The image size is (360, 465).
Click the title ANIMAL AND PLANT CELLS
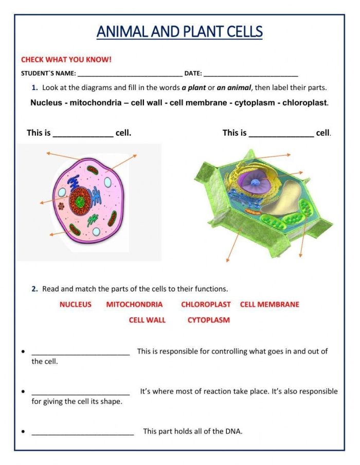(179, 32)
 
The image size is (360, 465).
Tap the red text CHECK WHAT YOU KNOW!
(66, 59)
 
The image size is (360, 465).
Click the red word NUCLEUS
(75, 305)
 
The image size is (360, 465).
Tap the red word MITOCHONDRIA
(134, 305)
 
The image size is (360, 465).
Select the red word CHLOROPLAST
(206, 305)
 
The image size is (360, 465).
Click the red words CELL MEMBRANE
(269, 305)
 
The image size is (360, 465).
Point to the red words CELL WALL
(147, 320)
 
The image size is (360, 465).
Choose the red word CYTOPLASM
(208, 320)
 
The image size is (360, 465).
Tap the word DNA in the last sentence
(233, 432)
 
